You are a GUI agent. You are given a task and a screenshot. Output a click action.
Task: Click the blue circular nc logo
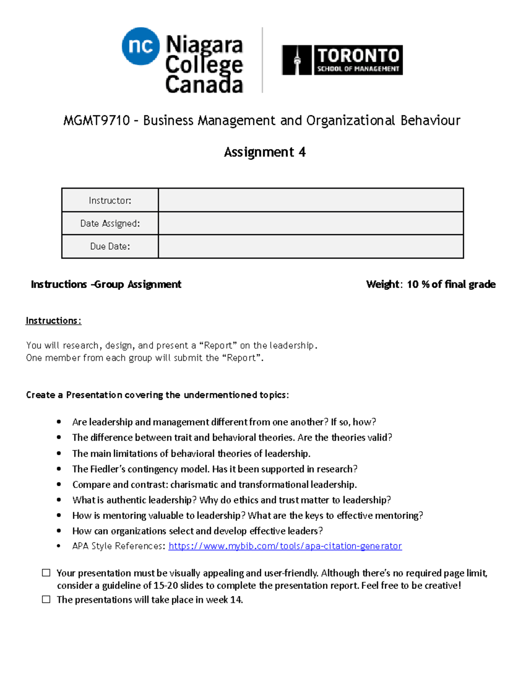tap(140, 46)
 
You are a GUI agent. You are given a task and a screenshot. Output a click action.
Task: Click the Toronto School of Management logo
tap(342, 60)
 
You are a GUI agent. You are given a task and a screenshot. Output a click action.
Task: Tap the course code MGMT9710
tap(96, 121)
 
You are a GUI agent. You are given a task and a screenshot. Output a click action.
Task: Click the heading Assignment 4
tap(265, 152)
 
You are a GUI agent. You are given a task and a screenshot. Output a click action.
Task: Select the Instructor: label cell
tap(110, 200)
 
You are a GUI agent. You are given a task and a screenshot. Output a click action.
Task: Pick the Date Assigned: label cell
tap(110, 224)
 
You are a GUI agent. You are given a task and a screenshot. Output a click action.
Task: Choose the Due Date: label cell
tap(110, 246)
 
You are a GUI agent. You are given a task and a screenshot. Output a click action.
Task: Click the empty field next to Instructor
tap(310, 200)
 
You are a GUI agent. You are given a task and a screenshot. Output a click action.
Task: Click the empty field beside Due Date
tap(310, 246)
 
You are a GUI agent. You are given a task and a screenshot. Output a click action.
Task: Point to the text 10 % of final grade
tap(451, 285)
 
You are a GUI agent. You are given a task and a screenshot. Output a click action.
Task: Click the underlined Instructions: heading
tap(53, 321)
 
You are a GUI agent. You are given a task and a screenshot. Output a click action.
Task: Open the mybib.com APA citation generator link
tap(285, 546)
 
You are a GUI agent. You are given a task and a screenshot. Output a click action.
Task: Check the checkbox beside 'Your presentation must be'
tap(46, 573)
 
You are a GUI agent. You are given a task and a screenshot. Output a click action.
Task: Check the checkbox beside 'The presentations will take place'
tap(46, 599)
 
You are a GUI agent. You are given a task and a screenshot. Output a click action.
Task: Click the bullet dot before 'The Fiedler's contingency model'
tap(59, 469)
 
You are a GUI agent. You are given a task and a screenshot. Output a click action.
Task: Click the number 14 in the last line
tap(236, 599)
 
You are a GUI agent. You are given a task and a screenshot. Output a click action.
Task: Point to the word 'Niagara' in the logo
tap(204, 44)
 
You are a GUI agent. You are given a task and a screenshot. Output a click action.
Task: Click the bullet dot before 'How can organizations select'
tap(59, 531)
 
